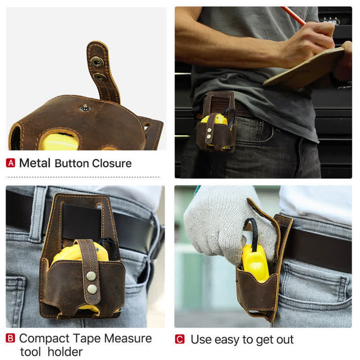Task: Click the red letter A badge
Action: point(10,163)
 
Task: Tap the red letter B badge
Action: point(10,338)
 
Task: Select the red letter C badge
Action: point(179,339)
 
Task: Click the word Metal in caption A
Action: point(34,163)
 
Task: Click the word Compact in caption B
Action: point(42,338)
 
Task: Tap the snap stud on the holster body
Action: point(85,108)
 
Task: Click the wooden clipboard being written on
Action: point(305,67)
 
